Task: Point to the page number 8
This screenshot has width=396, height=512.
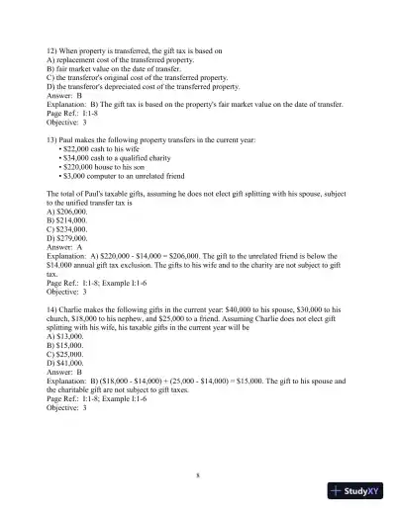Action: click(198, 475)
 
